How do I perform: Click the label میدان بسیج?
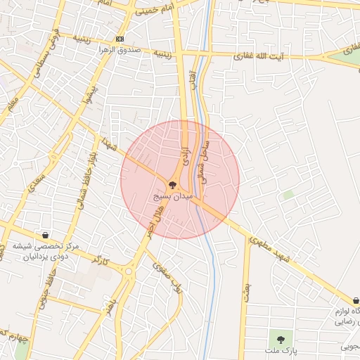[x=172, y=198]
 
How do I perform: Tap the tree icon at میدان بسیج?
[x=173, y=184]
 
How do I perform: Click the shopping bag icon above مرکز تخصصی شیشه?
[x=46, y=236]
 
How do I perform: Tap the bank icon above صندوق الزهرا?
[x=120, y=39]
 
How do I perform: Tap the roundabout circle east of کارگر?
[x=128, y=270]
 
